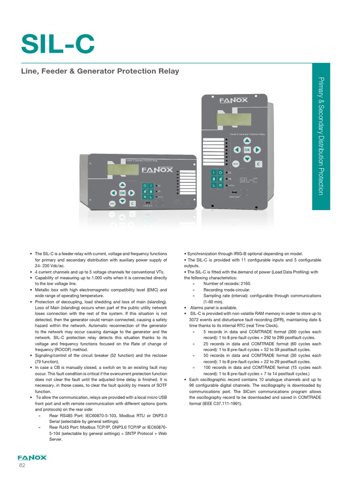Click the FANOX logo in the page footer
tap(32, 457)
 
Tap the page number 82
tap(22, 465)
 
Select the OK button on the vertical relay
tap(246, 150)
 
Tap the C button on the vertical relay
tap(258, 164)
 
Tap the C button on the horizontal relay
tap(132, 203)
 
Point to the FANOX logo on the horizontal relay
tap(157, 170)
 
